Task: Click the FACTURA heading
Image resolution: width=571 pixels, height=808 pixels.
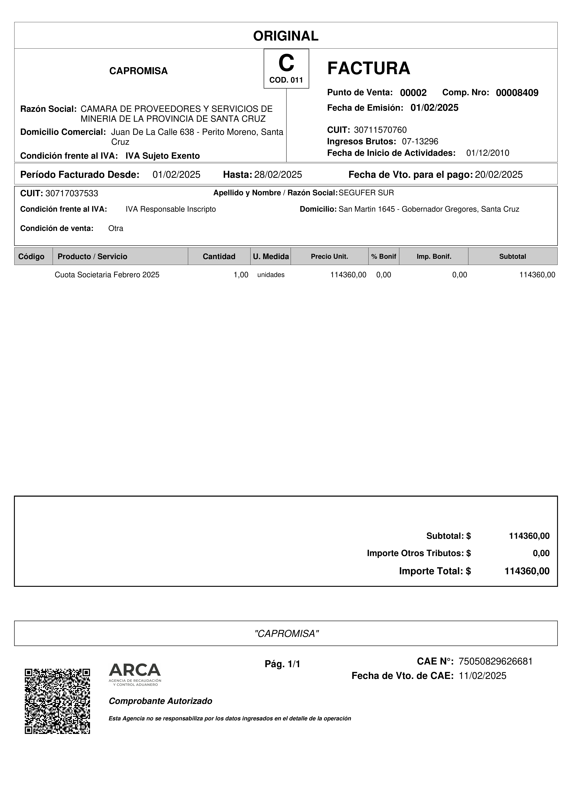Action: click(368, 68)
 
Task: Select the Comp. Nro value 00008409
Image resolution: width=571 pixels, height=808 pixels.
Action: click(517, 93)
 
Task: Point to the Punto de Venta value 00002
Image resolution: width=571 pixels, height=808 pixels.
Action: click(413, 93)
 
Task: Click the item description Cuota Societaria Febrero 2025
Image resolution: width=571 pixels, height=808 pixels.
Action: click(107, 275)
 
